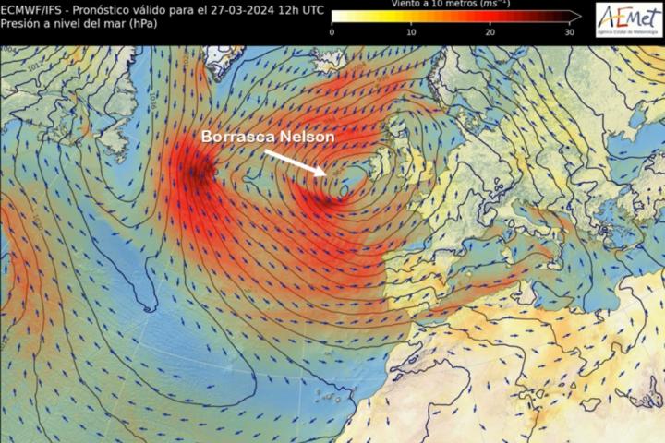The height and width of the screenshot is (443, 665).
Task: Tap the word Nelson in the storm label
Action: [x=309, y=137]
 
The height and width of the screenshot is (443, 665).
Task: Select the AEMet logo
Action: [x=629, y=18]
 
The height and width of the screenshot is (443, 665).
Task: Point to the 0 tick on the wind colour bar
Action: [x=332, y=32]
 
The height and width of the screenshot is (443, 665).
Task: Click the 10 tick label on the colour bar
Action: [x=411, y=32]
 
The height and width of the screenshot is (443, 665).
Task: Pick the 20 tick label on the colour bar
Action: [x=490, y=32]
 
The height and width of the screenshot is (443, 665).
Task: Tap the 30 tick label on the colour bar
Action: [x=570, y=32]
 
